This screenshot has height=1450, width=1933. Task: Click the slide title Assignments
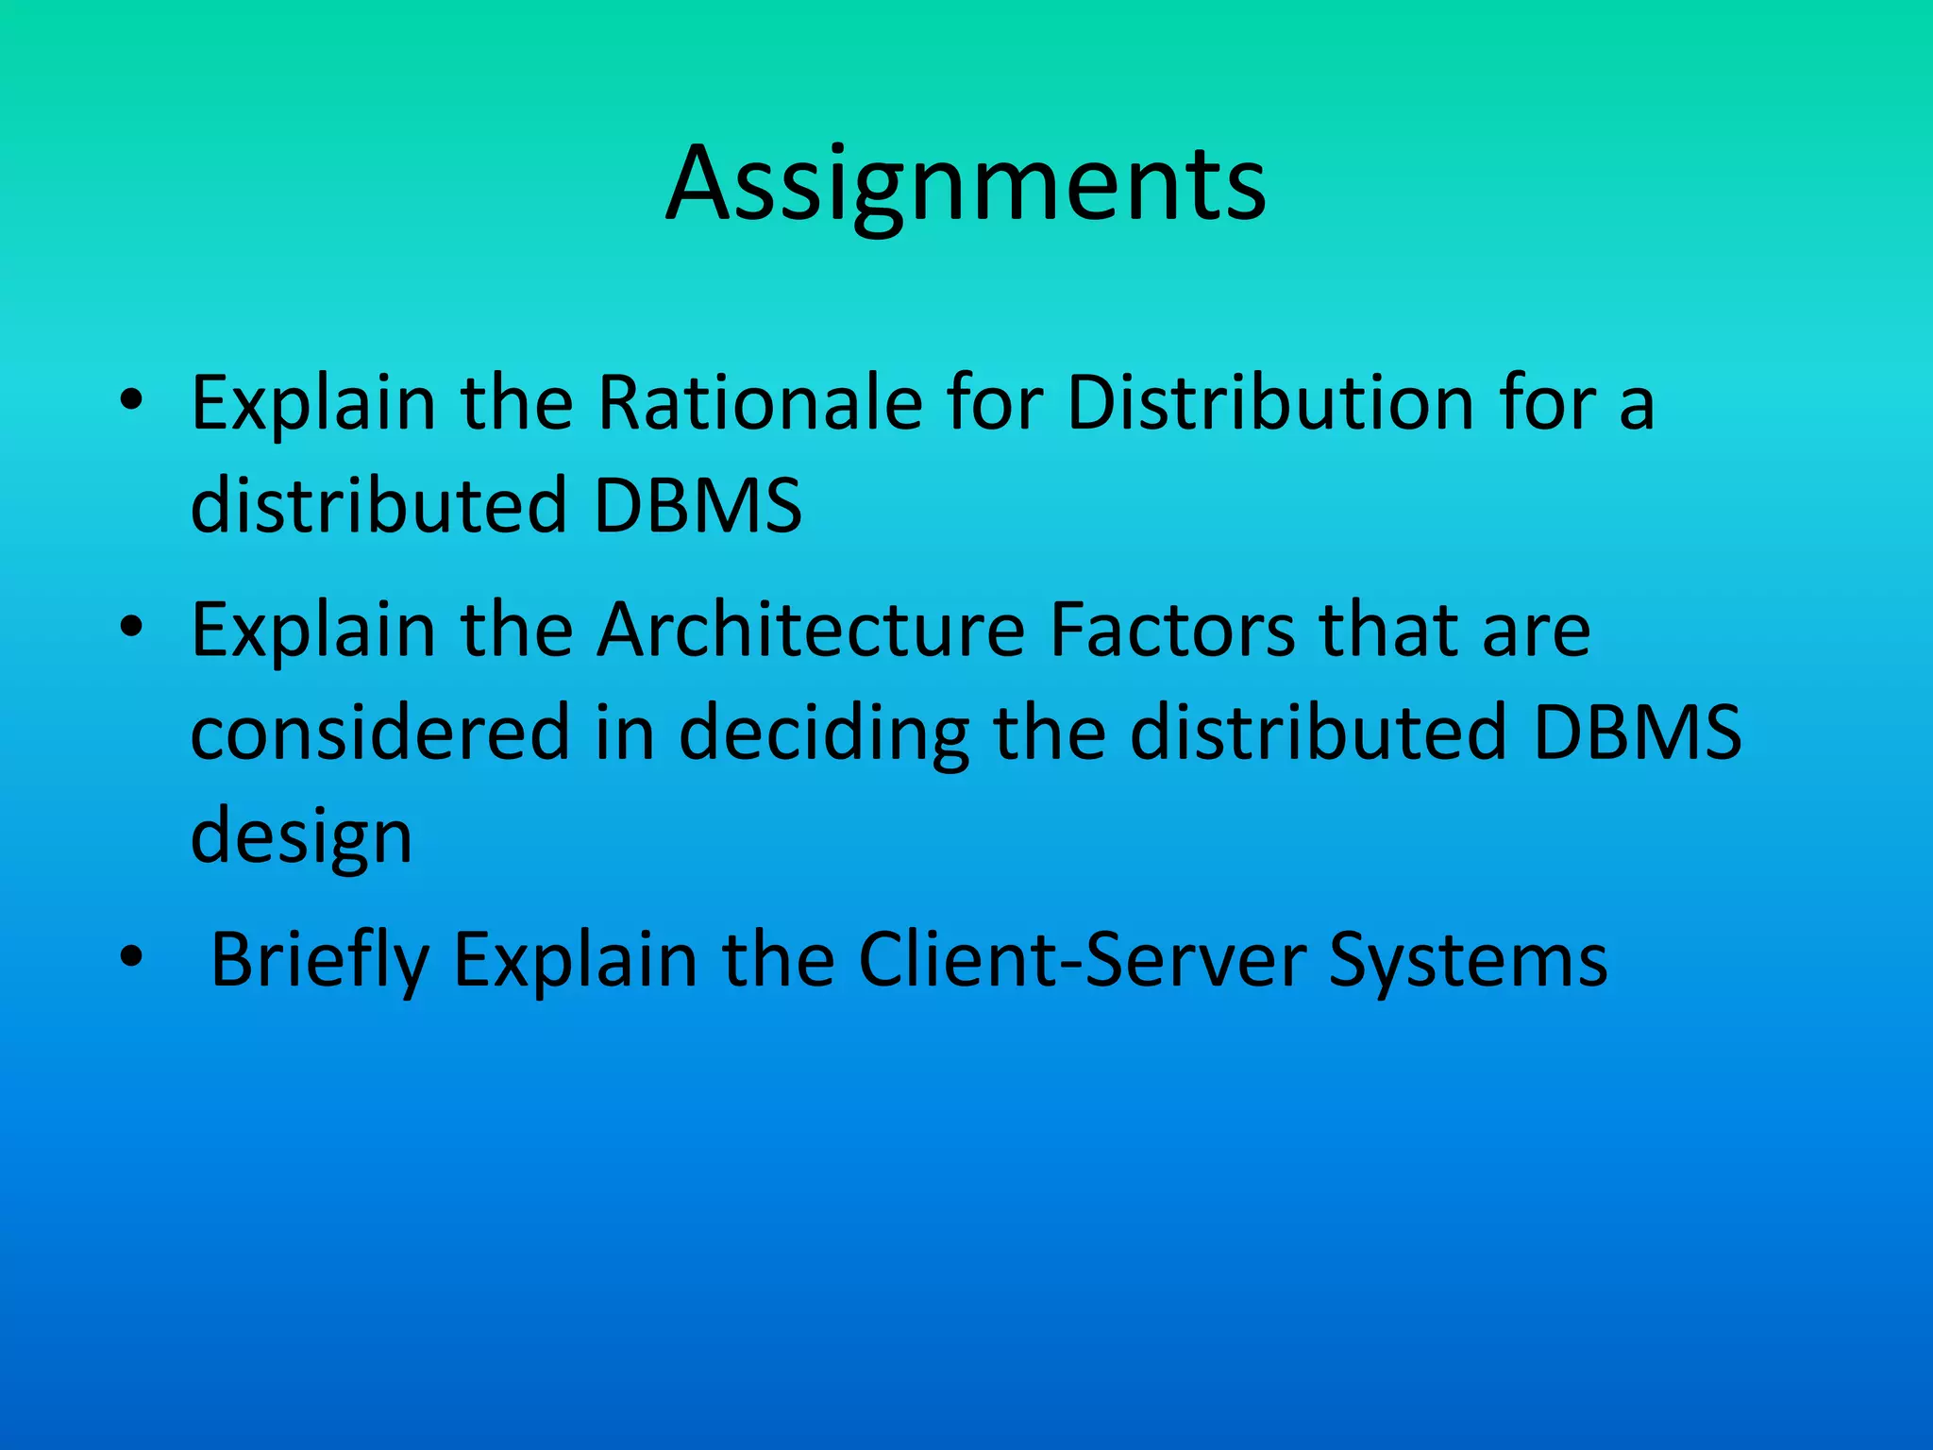point(966,184)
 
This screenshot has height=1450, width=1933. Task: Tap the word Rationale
point(760,404)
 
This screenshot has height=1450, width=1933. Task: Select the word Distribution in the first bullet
point(1269,404)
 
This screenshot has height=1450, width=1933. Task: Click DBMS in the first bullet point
point(698,506)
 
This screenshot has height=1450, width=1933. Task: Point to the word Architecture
point(811,631)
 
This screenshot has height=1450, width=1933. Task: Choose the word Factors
point(1171,631)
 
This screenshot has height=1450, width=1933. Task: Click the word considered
point(379,733)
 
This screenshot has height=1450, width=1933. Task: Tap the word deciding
point(824,733)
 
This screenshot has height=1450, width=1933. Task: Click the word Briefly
point(319,960)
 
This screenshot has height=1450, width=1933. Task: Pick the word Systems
point(1468,960)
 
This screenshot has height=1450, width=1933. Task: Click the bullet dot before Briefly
point(131,957)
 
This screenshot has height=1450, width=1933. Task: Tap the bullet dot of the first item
point(131,401)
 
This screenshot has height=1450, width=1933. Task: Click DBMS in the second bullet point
point(1637,733)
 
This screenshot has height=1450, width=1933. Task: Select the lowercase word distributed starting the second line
point(378,506)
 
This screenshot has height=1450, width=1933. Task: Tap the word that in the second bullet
point(1387,631)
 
